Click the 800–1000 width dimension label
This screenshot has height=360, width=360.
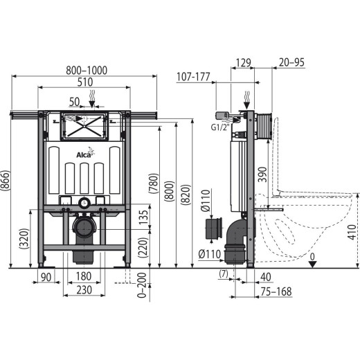(87, 71)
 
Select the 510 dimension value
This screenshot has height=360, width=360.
(85, 82)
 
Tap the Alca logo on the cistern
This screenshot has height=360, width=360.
(85, 154)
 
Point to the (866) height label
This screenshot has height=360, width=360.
(5, 181)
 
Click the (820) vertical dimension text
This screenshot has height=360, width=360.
(186, 195)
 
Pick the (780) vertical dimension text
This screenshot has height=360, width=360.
(154, 183)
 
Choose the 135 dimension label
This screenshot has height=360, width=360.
(143, 217)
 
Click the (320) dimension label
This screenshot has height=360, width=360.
(24, 238)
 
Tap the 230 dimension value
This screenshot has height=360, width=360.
(84, 290)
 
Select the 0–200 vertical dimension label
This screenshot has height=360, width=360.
(141, 285)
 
